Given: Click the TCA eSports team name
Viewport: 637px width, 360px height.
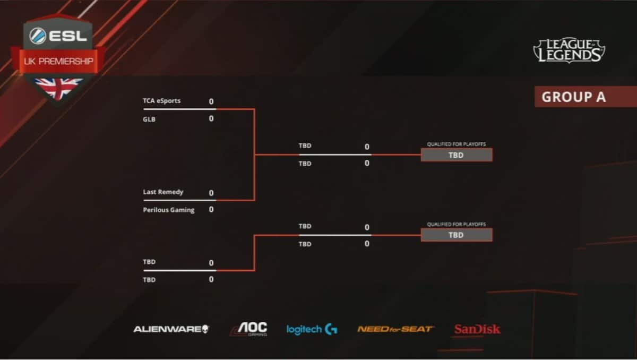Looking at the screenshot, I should point(161,101).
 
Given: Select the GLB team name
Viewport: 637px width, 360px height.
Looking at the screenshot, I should point(149,119).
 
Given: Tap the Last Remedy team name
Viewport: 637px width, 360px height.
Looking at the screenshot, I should point(163,192).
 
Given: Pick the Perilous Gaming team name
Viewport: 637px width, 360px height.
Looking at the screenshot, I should point(169,210).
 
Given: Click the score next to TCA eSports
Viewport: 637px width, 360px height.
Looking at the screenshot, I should point(211,101).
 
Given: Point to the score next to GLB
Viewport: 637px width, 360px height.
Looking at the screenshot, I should point(211,119).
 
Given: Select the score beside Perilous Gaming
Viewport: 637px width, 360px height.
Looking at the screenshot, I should point(211,210).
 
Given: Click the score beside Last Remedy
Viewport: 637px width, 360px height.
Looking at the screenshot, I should point(211,193).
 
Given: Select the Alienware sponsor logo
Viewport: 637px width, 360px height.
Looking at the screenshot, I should point(171,329).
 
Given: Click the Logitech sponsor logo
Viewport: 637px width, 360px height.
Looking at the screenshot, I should point(312,330).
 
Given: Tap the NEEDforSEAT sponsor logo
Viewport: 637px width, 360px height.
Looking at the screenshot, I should point(395,329).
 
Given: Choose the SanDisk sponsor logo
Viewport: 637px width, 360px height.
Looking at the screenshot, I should point(477,330).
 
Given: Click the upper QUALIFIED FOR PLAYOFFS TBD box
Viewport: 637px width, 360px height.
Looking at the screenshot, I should point(456,155).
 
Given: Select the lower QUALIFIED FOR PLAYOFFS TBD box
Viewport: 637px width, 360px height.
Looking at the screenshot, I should point(456,235).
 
